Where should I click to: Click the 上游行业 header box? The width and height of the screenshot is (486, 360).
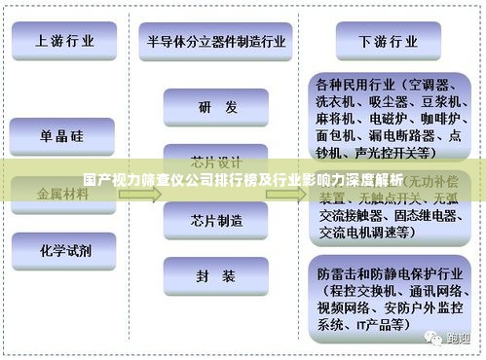66,41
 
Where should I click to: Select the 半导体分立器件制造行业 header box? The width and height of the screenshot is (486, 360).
217,41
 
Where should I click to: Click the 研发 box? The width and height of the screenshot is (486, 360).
216,107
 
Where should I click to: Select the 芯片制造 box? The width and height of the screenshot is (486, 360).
216,220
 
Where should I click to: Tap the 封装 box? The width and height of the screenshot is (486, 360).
216,276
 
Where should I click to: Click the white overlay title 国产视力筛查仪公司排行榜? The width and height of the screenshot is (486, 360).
243,179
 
